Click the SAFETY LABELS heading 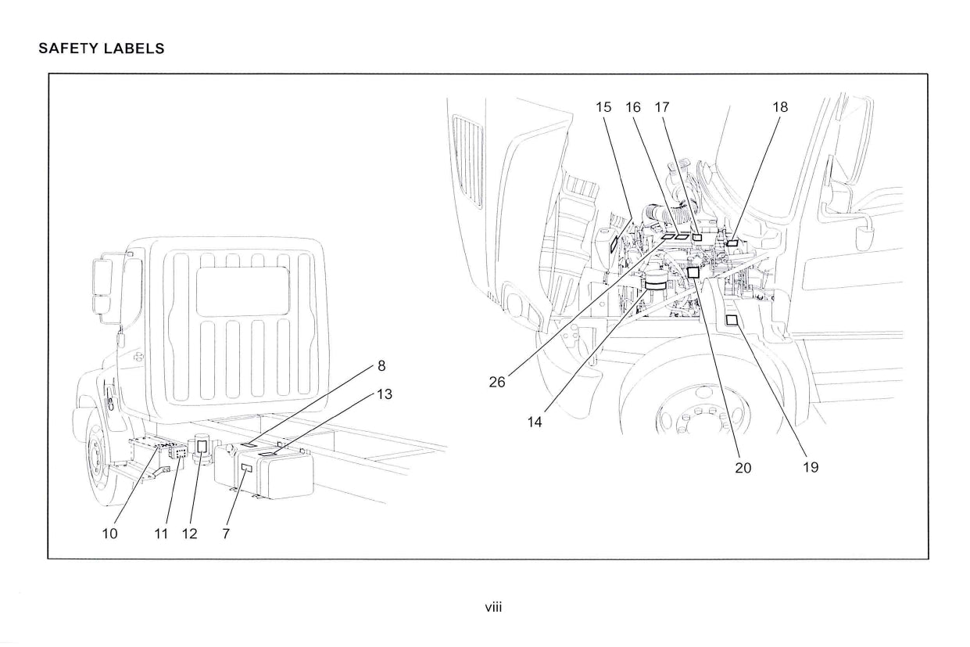pos(102,49)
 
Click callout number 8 pos(381,365)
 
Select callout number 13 pos(384,394)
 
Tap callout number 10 pos(110,534)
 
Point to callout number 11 pos(161,534)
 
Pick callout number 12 pos(189,534)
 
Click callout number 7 pos(226,534)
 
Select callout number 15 pos(603,107)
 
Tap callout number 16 pos(633,107)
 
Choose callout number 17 pos(662,107)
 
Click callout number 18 pos(780,107)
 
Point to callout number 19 pos(811,467)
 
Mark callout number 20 pos(743,467)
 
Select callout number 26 pos(497,383)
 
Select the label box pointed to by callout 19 pos(732,320)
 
